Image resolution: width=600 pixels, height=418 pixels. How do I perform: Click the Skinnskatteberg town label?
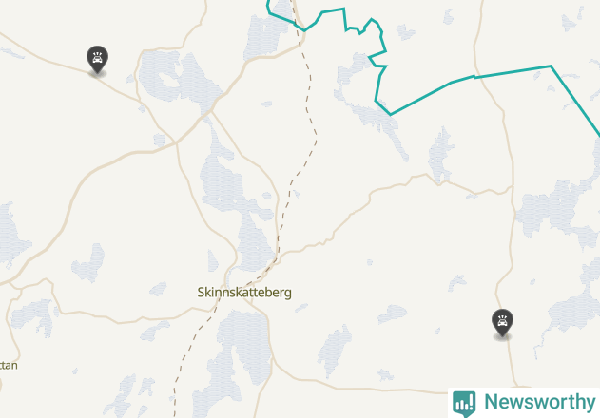point(244,293)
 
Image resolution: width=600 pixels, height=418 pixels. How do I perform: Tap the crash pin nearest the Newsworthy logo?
point(501,322)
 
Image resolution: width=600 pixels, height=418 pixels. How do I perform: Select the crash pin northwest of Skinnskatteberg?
point(97,59)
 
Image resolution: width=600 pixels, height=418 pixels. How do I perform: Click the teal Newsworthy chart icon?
point(464,403)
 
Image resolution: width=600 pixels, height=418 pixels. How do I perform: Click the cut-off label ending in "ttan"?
point(8,365)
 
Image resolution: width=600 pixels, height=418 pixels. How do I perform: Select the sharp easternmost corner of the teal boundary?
point(551,66)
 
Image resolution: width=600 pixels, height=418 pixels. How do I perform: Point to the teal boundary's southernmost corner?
point(390,114)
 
